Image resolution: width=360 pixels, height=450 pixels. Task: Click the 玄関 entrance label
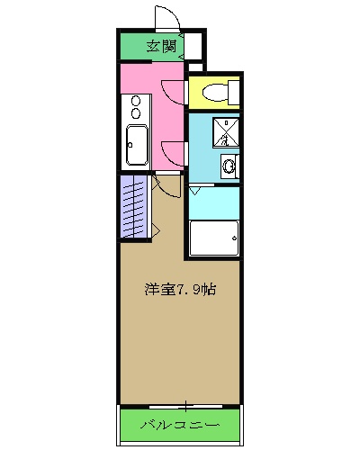(x=162, y=47)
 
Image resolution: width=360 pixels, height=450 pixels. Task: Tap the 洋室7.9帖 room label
(x=180, y=290)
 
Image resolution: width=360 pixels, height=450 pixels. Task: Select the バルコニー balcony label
(x=181, y=423)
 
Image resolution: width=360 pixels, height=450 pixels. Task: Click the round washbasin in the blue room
(x=229, y=166)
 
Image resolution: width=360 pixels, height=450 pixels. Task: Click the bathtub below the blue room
(x=214, y=238)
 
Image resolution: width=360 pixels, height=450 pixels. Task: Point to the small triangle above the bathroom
(x=195, y=192)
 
